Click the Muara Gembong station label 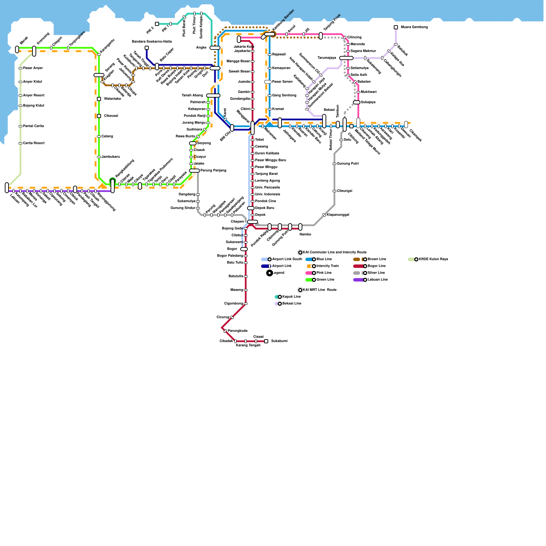click(414, 27)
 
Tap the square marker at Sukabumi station click(266, 341)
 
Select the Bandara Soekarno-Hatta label click(152, 42)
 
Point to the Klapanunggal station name click(338, 215)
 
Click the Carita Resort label click(34, 143)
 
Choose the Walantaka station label click(112, 99)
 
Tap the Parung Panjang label click(213, 171)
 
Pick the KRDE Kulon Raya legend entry click(433, 259)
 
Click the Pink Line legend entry click(324, 273)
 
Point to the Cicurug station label click(223, 317)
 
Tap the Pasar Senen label click(282, 82)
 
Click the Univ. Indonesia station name click(268, 195)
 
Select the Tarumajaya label click(327, 58)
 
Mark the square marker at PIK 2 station click(157, 24)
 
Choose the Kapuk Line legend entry click(291, 297)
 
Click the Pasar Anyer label click(33, 68)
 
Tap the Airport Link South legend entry click(287, 259)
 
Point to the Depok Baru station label click(264, 208)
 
